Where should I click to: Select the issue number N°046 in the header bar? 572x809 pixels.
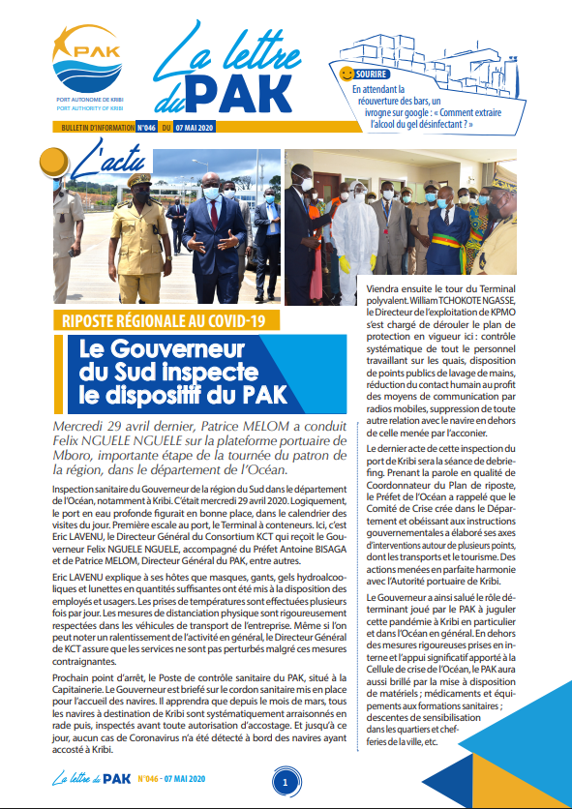147,127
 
